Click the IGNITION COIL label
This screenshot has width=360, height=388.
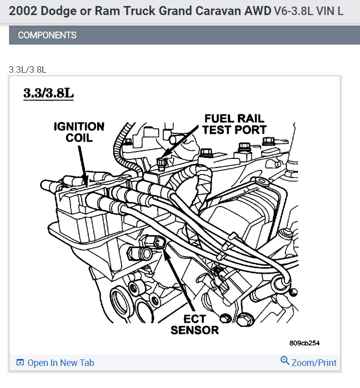click(79, 132)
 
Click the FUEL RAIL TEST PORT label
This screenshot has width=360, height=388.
click(234, 124)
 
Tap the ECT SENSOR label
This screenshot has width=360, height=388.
click(195, 324)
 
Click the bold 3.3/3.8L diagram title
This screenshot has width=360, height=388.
click(48, 93)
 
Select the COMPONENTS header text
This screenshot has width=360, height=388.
click(47, 35)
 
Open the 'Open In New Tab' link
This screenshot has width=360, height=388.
click(61, 362)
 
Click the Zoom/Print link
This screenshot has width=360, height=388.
click(314, 362)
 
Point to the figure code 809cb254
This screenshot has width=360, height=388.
click(304, 343)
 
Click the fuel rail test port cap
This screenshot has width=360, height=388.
click(161, 162)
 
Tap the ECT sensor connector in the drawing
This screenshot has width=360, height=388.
click(159, 243)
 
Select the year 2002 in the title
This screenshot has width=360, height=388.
click(23, 11)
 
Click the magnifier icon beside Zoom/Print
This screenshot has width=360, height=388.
click(285, 361)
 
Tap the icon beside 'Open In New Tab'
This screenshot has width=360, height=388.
click(20, 362)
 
